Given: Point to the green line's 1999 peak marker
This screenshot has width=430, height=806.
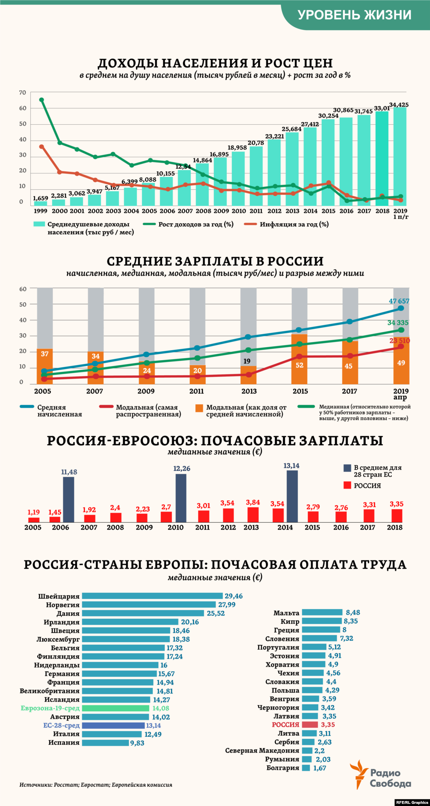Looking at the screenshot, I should point(42,100).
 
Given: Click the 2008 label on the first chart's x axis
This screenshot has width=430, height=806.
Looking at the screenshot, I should point(203,211).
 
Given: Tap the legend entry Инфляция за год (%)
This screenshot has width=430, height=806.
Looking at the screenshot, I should point(294,225).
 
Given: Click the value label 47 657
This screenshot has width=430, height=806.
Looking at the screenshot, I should point(399,301).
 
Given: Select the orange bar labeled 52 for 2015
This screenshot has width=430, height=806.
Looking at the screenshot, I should point(299,359).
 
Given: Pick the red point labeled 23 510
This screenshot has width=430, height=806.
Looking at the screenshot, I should point(401,346).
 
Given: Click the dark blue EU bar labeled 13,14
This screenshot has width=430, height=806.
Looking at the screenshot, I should point(292,496).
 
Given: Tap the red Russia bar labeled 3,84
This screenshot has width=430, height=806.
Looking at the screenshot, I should point(253,515).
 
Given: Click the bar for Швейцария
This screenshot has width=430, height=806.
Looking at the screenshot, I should point(152,596).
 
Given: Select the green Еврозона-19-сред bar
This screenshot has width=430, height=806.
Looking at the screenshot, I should point(115,708).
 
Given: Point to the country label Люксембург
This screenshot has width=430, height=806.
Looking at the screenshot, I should point(58,639).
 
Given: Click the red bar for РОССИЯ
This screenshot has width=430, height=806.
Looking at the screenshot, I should point(310,725).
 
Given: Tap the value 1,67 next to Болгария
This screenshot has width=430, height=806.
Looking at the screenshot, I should point(320,768).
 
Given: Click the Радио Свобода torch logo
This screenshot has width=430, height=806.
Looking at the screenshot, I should point(358,774).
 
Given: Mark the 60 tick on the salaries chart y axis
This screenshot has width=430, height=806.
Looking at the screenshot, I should point(23,289).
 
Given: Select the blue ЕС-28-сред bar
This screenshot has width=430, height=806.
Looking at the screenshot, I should point(113,725).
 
